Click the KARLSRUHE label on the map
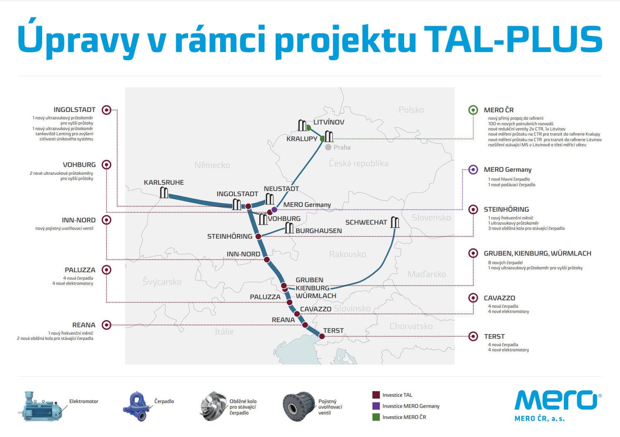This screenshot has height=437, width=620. pos(164,182)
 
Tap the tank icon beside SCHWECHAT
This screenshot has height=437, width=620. pos(395,222)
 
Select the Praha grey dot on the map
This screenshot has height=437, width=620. pos(328,147)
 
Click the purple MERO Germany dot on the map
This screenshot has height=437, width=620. pos(274,210)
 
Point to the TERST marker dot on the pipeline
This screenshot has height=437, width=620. pos(322,336)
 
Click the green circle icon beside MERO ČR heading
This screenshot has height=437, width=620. pos(473,110)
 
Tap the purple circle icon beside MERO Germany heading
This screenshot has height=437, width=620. pos(473,169)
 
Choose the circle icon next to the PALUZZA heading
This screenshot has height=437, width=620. pos(106,270)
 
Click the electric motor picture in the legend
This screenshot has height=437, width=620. pos(41,406)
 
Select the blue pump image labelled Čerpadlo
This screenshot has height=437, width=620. pos(136,406)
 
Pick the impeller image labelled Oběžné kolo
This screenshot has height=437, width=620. pos(213,406)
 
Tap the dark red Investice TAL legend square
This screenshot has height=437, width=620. pos(376,395)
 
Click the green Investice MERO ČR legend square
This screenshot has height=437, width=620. pos(376,417)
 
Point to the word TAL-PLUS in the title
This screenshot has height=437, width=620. pos(513,39)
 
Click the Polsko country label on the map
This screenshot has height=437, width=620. pos(411,110)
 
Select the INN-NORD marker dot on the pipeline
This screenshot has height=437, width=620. pos(267,259)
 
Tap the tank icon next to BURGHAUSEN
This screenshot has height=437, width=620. pos(289,228)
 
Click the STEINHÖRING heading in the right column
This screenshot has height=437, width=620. pos(506,209)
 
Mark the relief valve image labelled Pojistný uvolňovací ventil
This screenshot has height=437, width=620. pos(299,406)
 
